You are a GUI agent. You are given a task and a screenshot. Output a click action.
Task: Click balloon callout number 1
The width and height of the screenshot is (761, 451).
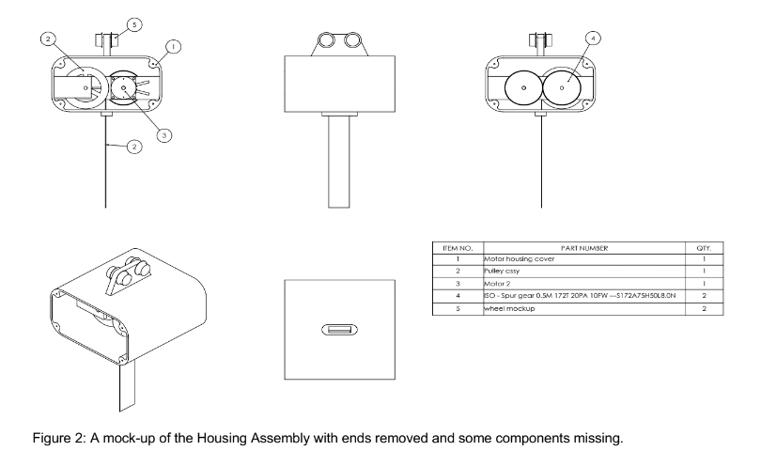click(x=175, y=44)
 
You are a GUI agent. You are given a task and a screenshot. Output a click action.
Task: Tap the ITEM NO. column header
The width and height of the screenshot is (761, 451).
click(x=449, y=247)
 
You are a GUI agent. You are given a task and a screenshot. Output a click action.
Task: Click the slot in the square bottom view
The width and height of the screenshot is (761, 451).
click(x=339, y=330)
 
